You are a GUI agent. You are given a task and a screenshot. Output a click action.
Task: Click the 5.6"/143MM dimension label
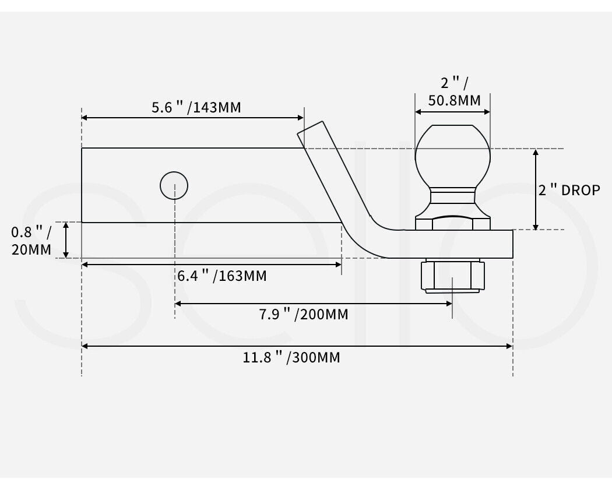pyautogui.click(x=196, y=108)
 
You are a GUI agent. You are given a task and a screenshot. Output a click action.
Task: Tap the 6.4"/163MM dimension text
pyautogui.click(x=222, y=276)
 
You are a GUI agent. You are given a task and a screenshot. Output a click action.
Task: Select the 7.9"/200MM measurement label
pyautogui.click(x=304, y=315)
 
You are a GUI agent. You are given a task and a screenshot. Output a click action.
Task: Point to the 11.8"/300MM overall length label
pyautogui.click(x=291, y=357)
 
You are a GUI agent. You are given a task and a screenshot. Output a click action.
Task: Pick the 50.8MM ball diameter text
pyautogui.click(x=455, y=100)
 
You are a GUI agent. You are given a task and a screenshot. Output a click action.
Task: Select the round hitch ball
pyautogui.click(x=452, y=154)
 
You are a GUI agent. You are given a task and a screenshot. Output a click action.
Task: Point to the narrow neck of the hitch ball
pyautogui.click(x=452, y=195)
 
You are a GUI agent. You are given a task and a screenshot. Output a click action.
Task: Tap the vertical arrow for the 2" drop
pyautogui.click(x=537, y=189)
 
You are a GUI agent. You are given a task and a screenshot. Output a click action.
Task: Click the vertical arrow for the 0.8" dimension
pyautogui.click(x=66, y=239)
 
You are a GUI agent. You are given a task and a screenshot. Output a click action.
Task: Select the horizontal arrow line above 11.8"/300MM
pyautogui.click(x=297, y=346)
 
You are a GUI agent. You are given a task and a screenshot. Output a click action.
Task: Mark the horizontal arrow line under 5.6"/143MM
pyautogui.click(x=192, y=118)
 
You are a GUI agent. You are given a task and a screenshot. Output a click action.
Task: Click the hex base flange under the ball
pyautogui.click(x=452, y=222)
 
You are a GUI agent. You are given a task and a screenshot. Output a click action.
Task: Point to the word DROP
pyautogui.click(x=581, y=190)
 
